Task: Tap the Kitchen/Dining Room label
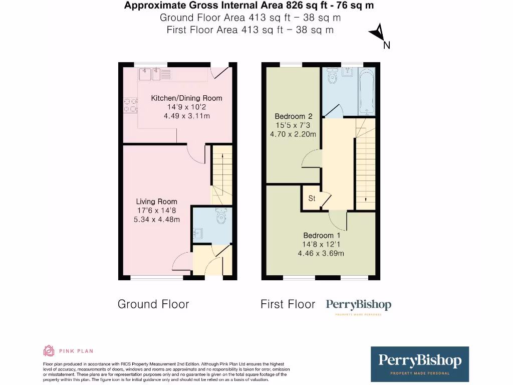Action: [x=186, y=98]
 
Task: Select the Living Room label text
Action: [x=156, y=202]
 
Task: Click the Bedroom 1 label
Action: [x=322, y=236]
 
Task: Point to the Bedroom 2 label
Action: [x=293, y=116]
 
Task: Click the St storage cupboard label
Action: [x=312, y=199]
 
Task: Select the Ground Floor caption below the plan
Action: [x=153, y=304]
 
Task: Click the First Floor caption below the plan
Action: [x=288, y=304]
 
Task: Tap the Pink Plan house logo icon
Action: [x=49, y=351]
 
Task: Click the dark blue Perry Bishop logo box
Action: [x=419, y=363]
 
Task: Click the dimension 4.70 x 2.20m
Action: [x=293, y=134]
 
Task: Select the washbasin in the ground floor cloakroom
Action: [x=197, y=233]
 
